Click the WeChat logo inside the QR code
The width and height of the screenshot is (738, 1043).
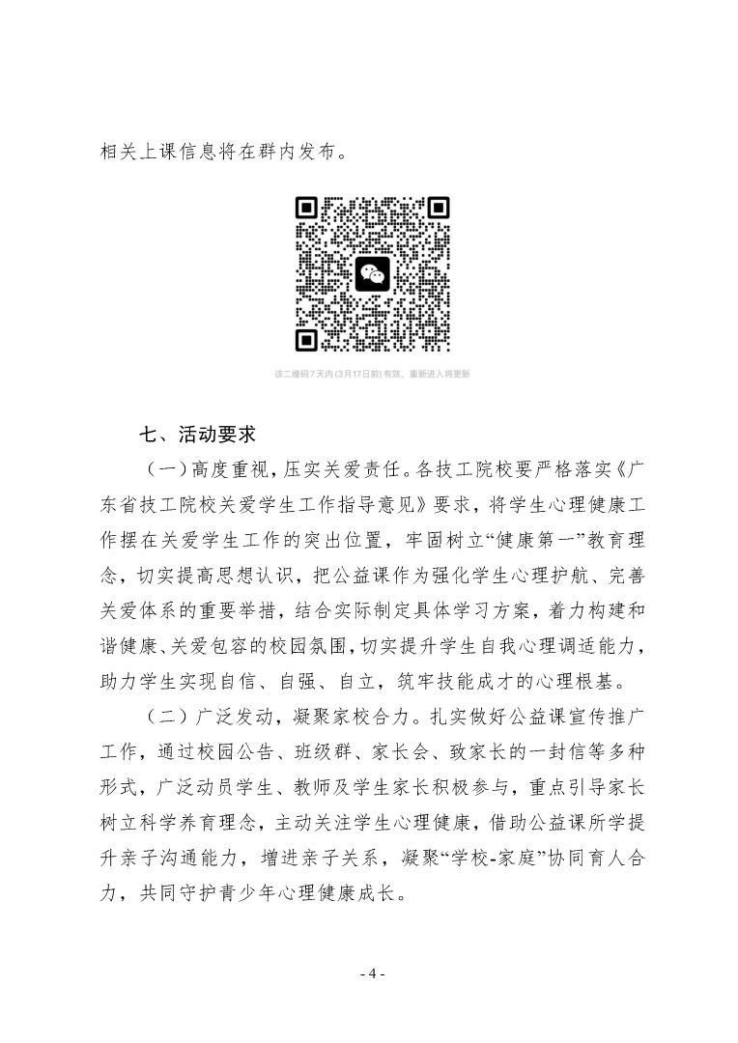pos(372,273)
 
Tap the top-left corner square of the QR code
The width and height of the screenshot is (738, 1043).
pos(308,209)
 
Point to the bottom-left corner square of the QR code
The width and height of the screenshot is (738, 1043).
pos(308,339)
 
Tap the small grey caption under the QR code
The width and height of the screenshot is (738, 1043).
pos(372,374)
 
